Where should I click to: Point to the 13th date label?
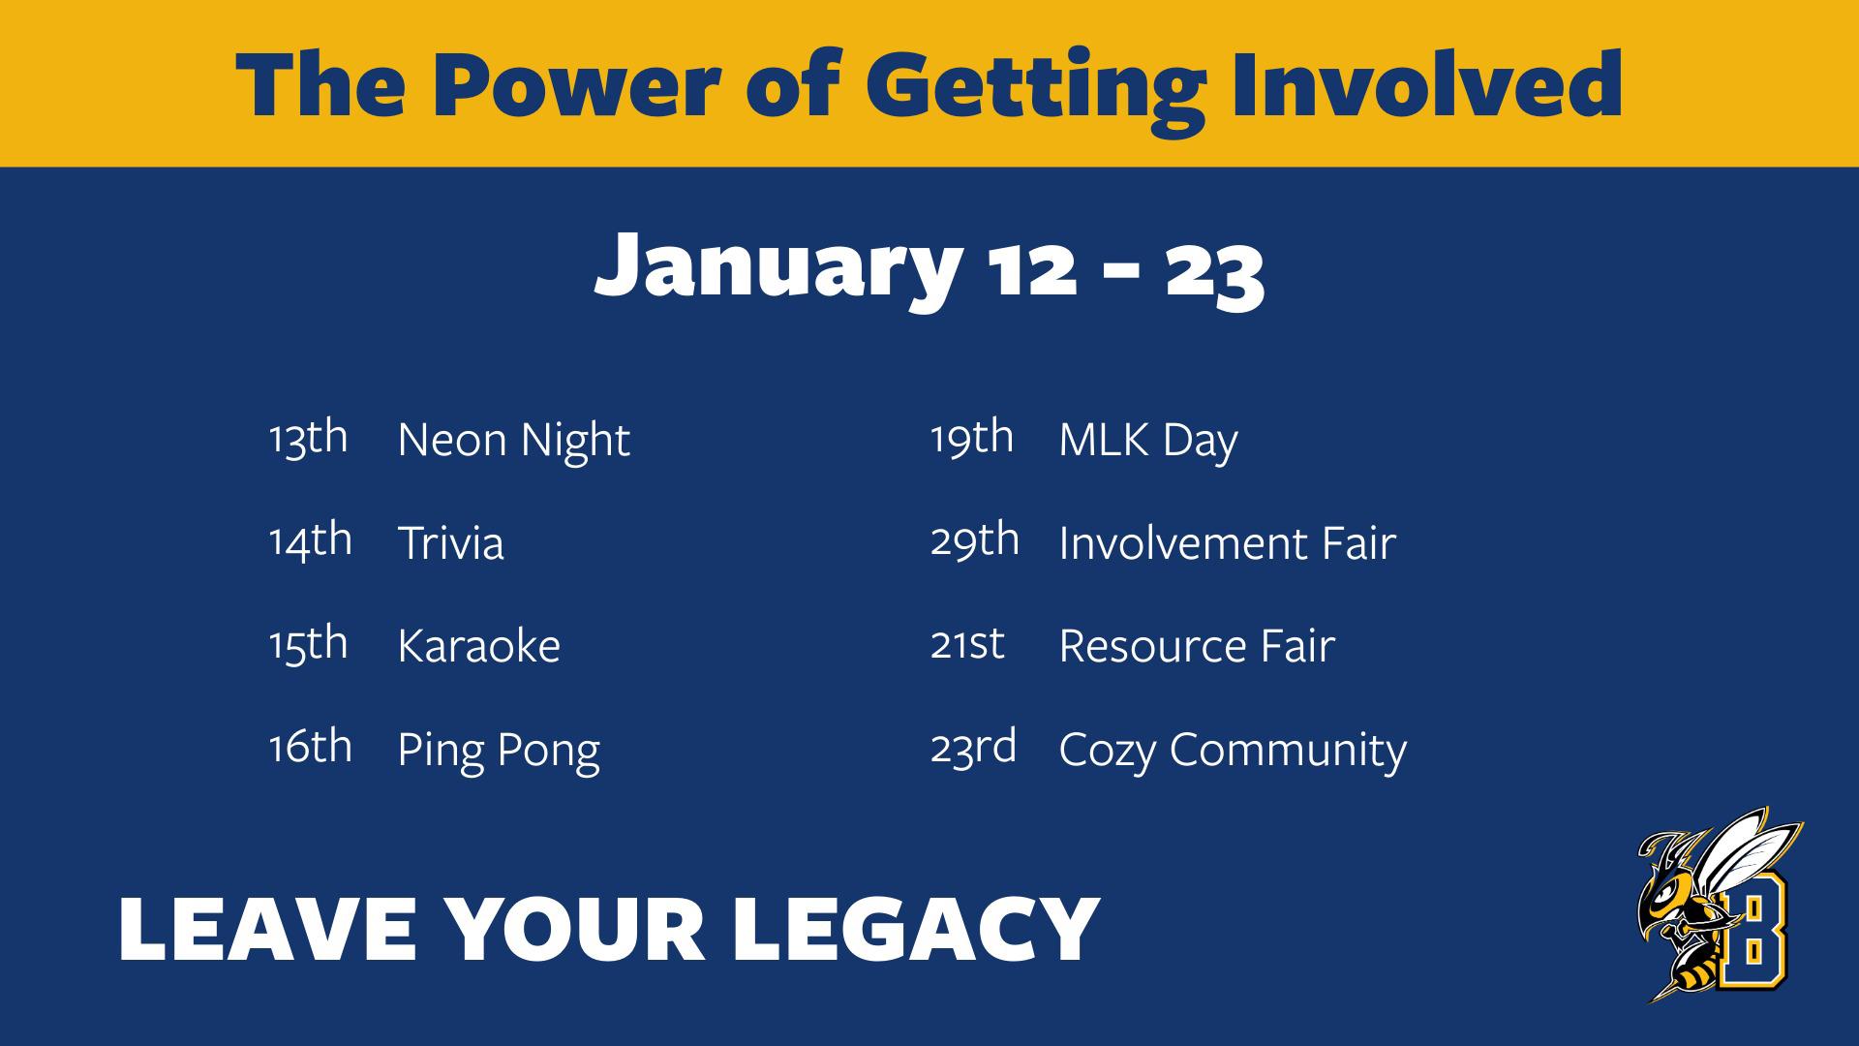coord(308,438)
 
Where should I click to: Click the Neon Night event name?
coord(513,441)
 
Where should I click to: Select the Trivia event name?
coord(450,542)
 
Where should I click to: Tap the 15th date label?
coord(308,644)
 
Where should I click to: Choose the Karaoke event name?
coord(478,646)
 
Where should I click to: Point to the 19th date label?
coord(972,438)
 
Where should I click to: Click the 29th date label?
coord(975,540)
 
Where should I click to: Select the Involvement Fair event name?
coord(1227,542)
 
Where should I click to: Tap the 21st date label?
coord(967,644)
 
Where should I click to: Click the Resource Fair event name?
coord(1197,646)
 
